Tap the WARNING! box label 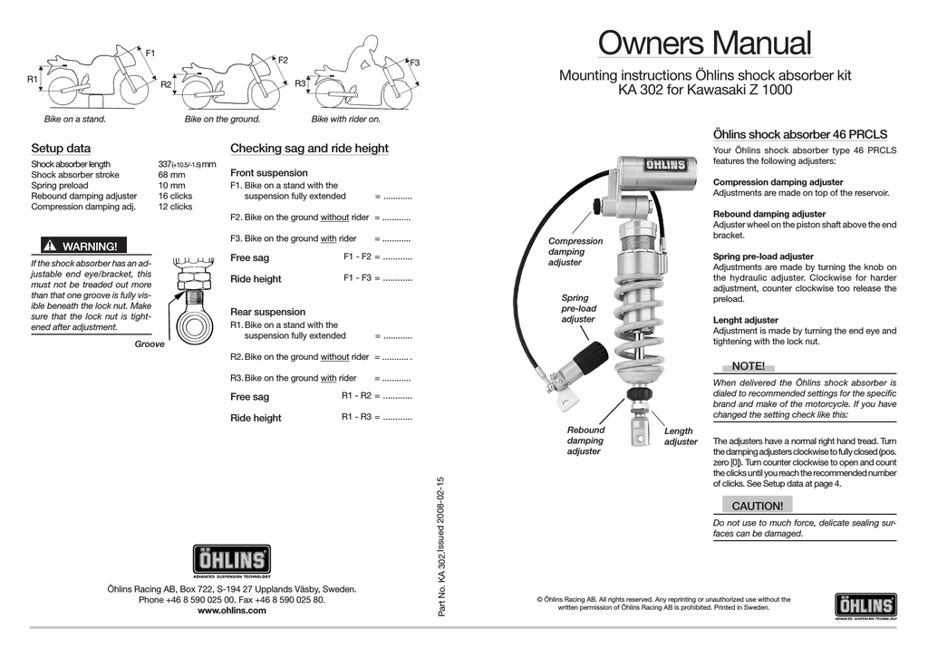tap(80, 246)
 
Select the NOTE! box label tap(748, 365)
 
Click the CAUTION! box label tap(757, 506)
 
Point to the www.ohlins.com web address tap(231, 611)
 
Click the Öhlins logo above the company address tap(231, 561)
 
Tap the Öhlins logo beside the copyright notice tap(865, 605)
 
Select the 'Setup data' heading tap(61, 148)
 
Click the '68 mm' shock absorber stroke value tap(171, 175)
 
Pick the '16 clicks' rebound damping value tap(175, 196)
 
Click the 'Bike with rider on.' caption tap(346, 119)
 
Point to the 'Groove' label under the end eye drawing tap(150, 344)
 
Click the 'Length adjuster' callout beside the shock tap(680, 436)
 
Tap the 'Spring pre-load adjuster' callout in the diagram tap(578, 308)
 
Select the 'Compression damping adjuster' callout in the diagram tap(575, 252)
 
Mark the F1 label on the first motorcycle tap(150, 53)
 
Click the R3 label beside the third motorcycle tap(300, 83)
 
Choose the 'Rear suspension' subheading tap(267, 311)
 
